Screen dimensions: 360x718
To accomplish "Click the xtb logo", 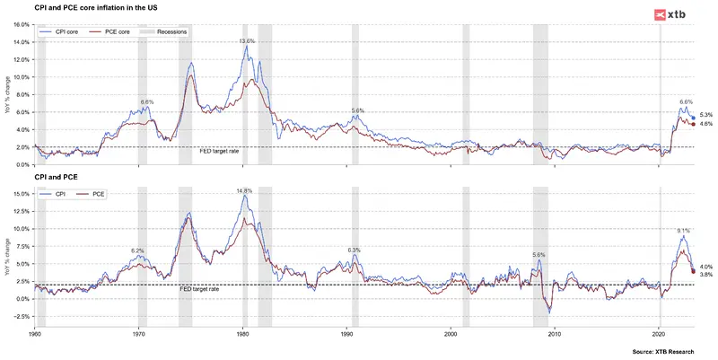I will coord(674,13).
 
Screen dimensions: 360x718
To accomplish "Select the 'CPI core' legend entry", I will coord(60,31).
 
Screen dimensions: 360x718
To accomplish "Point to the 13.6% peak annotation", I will coord(247,41).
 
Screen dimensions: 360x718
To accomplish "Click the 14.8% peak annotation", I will coord(244,191).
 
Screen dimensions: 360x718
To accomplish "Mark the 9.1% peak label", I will coord(684,231).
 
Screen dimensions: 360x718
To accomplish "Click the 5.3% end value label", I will coord(705,115).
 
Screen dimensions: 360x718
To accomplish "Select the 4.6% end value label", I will coord(705,124).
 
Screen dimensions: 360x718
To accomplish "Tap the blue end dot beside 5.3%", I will coord(693,118).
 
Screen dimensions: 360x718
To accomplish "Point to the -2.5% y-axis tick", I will coord(21,316).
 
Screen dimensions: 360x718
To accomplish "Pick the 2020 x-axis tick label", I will coord(660,334).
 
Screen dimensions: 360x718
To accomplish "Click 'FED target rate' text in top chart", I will coord(219,153).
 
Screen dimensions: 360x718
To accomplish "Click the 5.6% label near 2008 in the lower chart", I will coord(538,255).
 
